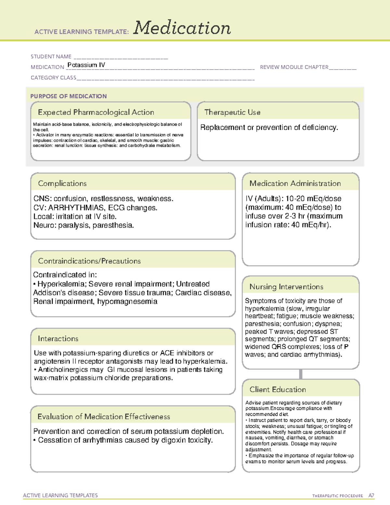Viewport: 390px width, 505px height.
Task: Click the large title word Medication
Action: click(x=182, y=28)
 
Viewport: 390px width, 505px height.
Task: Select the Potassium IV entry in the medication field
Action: click(x=86, y=65)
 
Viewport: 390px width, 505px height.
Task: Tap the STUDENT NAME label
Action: click(x=51, y=57)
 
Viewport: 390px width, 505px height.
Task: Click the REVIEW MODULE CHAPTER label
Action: click(x=294, y=67)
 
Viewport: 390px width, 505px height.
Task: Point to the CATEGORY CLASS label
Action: click(x=53, y=78)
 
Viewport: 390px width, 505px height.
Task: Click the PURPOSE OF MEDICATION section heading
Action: click(x=69, y=96)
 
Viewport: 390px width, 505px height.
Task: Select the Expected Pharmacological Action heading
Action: click(x=96, y=112)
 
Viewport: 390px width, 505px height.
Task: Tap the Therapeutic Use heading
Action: click(x=232, y=112)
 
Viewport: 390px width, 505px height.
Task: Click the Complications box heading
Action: click(x=62, y=183)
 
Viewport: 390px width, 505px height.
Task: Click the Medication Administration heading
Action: click(x=295, y=183)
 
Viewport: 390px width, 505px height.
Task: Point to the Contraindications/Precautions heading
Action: click(x=89, y=261)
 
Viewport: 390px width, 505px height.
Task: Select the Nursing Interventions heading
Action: click(x=286, y=287)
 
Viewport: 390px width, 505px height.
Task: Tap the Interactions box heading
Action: click(x=58, y=339)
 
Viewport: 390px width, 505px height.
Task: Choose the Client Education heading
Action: click(x=278, y=390)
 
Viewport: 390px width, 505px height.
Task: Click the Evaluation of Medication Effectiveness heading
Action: click(x=104, y=417)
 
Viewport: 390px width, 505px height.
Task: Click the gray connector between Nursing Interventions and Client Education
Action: click(x=301, y=374)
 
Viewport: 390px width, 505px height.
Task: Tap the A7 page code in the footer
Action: click(x=371, y=496)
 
